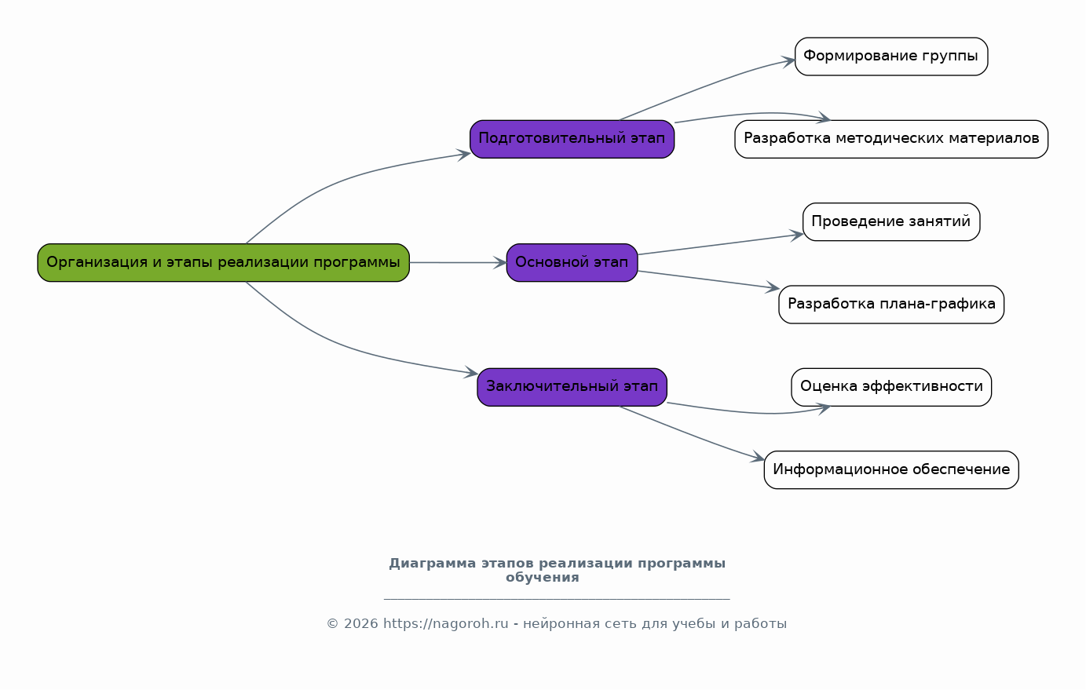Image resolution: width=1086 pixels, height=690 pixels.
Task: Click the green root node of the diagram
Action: click(224, 263)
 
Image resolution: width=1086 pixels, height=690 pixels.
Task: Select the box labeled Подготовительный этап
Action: click(572, 139)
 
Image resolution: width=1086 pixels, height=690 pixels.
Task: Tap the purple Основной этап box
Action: click(572, 263)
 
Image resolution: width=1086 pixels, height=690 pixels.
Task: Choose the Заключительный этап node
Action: click(572, 387)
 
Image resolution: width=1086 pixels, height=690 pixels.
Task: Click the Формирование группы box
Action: click(891, 57)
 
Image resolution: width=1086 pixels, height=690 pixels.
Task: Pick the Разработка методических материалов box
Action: click(891, 139)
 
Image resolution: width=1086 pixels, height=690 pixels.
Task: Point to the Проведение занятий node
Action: click(891, 222)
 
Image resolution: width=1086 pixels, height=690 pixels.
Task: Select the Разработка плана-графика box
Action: click(891, 305)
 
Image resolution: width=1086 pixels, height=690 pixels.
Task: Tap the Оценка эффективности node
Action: click(891, 387)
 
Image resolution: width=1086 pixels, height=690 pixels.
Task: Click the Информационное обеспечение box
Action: click(891, 470)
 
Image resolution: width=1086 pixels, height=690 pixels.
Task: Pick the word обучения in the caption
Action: click(543, 578)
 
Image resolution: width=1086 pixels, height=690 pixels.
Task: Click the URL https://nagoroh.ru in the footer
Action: click(445, 623)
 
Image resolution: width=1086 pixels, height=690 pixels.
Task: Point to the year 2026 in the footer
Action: click(360, 623)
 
